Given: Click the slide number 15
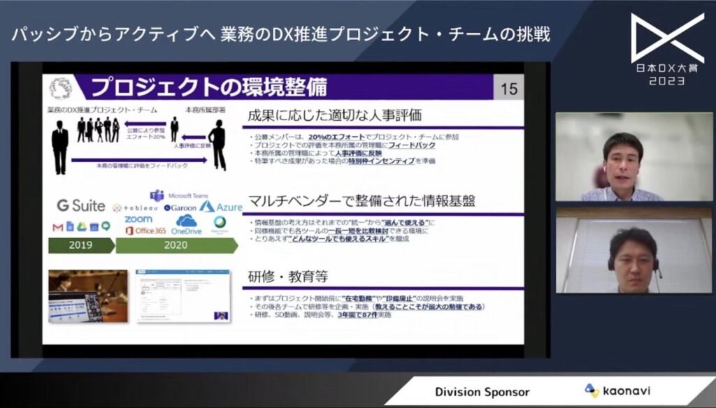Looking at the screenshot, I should pos(510,89).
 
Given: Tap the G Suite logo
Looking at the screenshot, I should pos(81,205).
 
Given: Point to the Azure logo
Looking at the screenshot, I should pos(220,207).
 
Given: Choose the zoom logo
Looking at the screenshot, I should pos(138,219).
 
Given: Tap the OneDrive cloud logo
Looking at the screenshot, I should pos(186,225).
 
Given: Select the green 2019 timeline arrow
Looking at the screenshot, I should pos(80,246).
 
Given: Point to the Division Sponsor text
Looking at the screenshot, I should pos(482,392).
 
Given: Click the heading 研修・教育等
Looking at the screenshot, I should pos(289,276).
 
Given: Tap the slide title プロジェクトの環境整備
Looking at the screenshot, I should pos(208,88).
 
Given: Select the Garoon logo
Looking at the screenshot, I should pos(180,207).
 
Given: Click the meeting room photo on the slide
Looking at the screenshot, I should pos(87,296).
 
